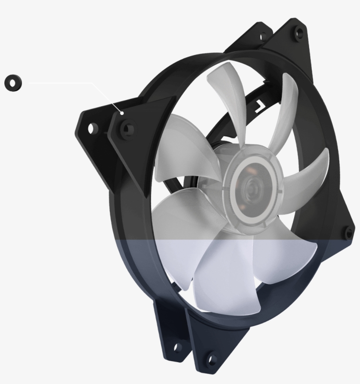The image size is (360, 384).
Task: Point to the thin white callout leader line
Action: pyautogui.click(x=61, y=83)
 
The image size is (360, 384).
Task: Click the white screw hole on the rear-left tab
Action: pyautogui.click(x=91, y=129)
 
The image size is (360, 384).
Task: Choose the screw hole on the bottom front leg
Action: pyautogui.click(x=212, y=358)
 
